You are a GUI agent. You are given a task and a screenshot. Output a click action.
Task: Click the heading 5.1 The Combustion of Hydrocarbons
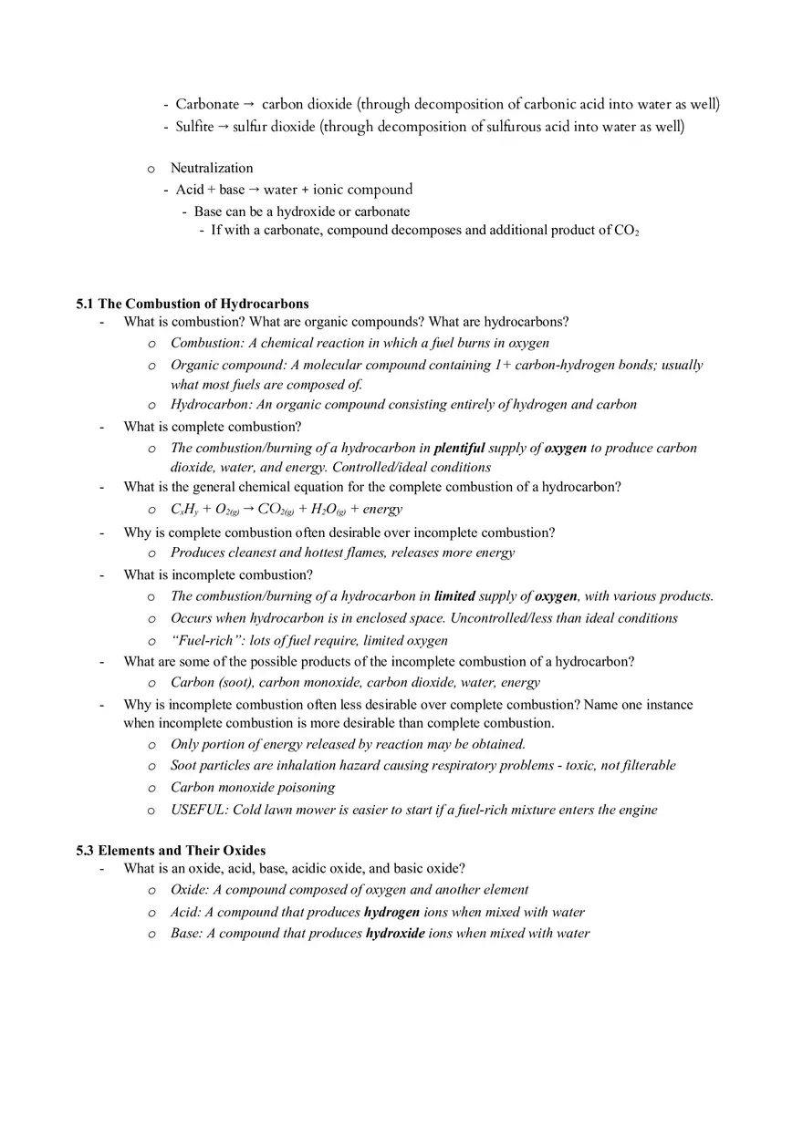193,304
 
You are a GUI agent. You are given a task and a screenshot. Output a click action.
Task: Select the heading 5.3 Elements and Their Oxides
171,850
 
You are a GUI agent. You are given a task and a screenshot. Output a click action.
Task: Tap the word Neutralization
212,168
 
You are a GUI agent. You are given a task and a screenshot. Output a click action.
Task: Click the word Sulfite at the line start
194,127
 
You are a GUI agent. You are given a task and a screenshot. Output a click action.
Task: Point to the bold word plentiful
459,448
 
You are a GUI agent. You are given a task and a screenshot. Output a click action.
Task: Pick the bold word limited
454,596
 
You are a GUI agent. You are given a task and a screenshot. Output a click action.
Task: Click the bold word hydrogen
391,912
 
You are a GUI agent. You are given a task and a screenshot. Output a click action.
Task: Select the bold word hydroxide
395,934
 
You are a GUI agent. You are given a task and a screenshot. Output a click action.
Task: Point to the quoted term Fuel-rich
202,640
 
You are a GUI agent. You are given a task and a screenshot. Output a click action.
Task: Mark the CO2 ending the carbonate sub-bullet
626,231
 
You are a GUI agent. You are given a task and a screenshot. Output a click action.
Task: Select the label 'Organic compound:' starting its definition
228,365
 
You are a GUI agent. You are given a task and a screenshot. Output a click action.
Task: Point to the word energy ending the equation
382,509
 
